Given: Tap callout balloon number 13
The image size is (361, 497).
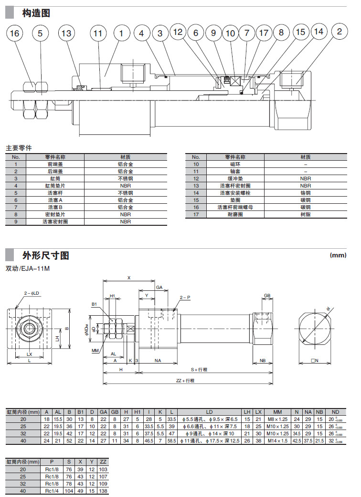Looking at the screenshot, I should pyautogui.click(x=67, y=33).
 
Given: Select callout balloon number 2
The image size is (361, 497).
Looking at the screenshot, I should pyautogui.click(x=340, y=32).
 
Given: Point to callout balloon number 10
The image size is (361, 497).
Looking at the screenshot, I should pyautogui.click(x=231, y=33).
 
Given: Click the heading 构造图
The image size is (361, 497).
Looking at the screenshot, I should pyautogui.click(x=36, y=13).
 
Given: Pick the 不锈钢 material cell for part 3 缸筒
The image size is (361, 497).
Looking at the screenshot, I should pyautogui.click(x=125, y=178).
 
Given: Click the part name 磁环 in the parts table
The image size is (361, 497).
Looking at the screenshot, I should pyautogui.click(x=235, y=164).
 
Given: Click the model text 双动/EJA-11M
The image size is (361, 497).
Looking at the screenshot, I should pyautogui.click(x=28, y=269).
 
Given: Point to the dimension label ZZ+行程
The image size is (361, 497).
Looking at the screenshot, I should pyautogui.click(x=186, y=381).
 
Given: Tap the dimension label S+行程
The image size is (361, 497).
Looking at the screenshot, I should pyautogui.click(x=199, y=370).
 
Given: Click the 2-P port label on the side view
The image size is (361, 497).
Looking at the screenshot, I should pyautogui.click(x=185, y=297).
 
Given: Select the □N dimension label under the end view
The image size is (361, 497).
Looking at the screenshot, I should pyautogui.click(x=314, y=362).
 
